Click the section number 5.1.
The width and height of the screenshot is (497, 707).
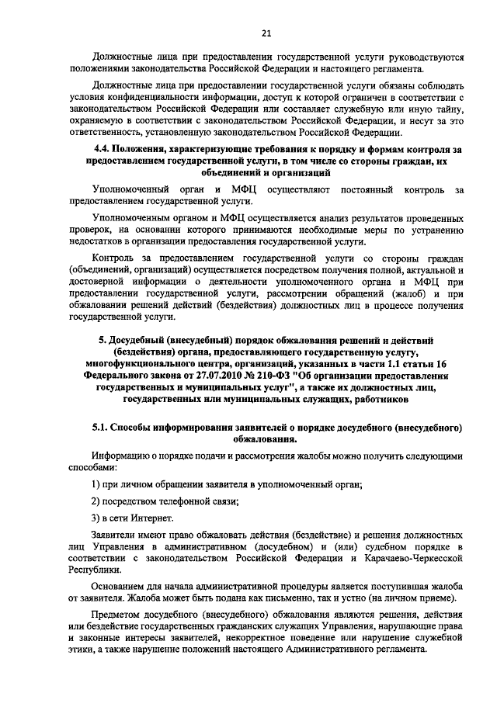click(x=101, y=428)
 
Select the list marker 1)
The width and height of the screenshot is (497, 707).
click(x=97, y=484)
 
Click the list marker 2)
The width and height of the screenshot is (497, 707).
click(x=97, y=501)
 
